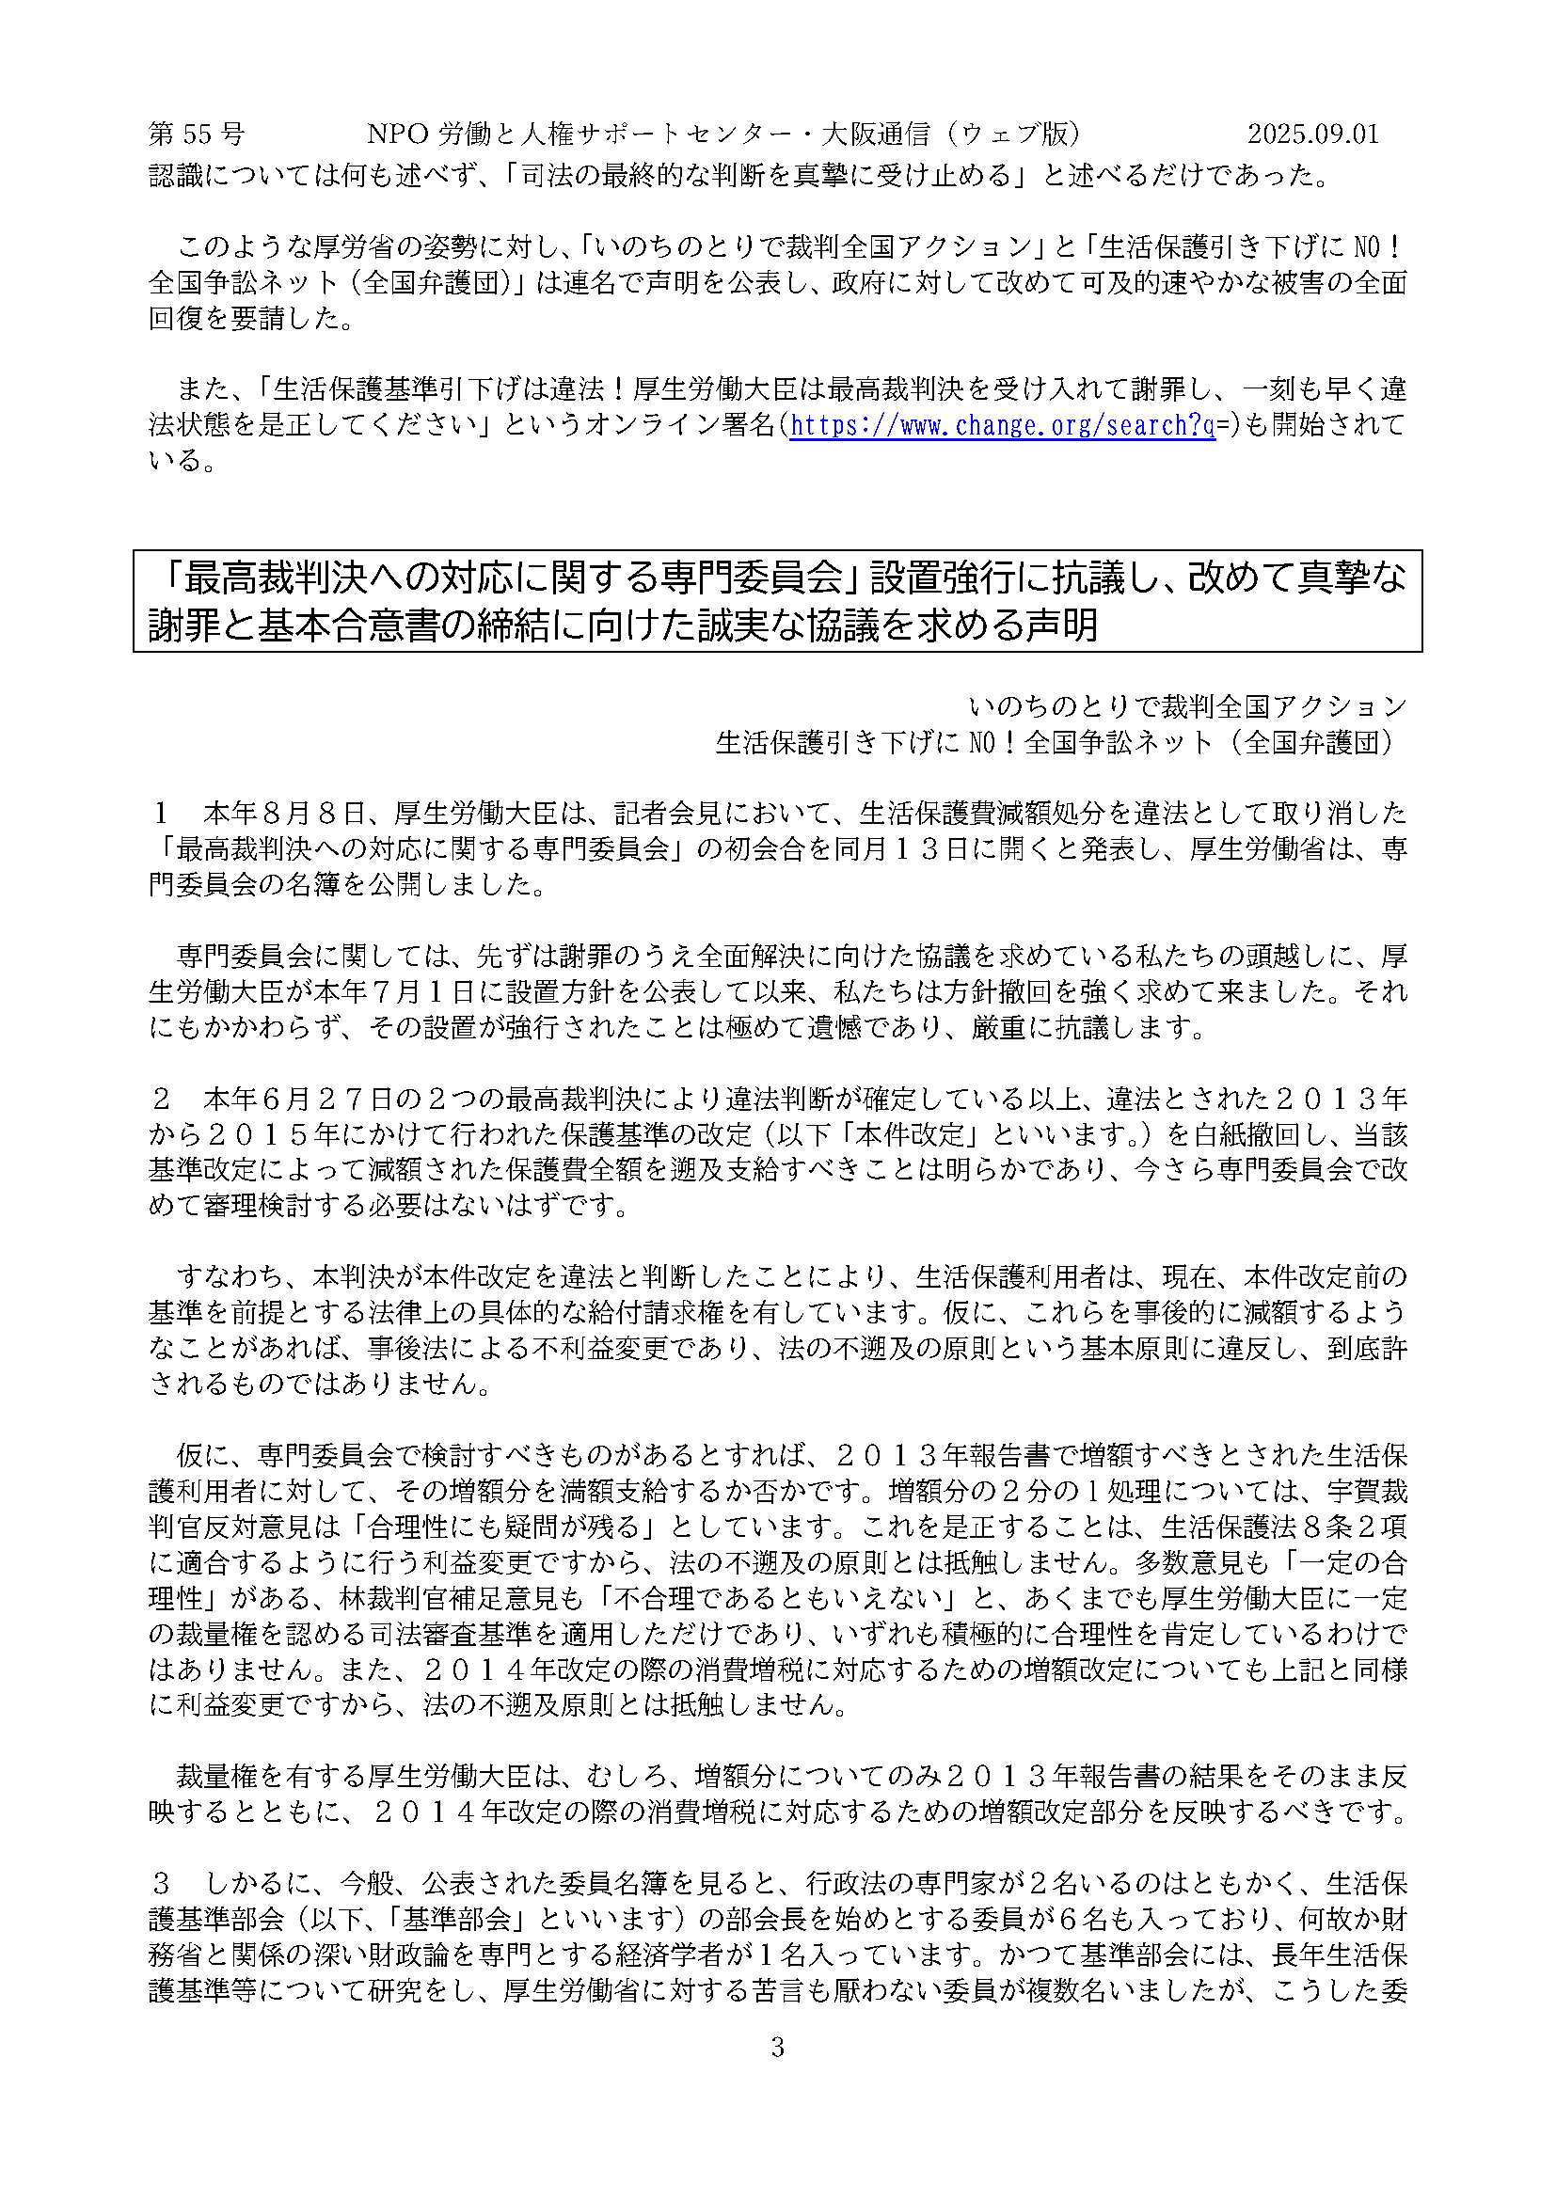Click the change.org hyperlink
(x=1002, y=424)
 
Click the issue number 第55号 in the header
(x=197, y=134)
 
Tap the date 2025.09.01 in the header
(x=1312, y=134)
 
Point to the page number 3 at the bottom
(x=777, y=2048)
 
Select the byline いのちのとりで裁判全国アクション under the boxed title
(x=1187, y=706)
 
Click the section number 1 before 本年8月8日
(x=161, y=814)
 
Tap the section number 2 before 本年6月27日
(x=161, y=1098)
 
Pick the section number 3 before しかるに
(x=161, y=1883)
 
